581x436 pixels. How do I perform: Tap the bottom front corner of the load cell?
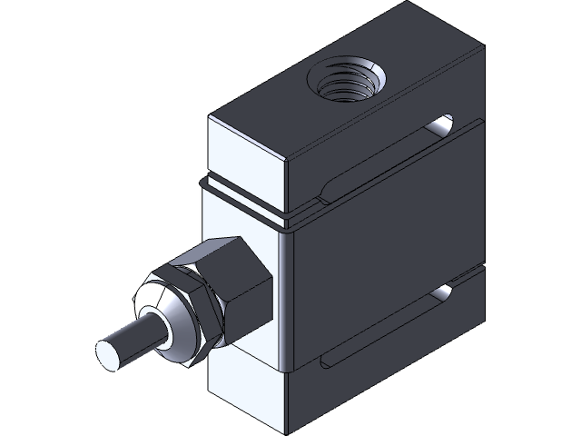(x=286, y=428)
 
